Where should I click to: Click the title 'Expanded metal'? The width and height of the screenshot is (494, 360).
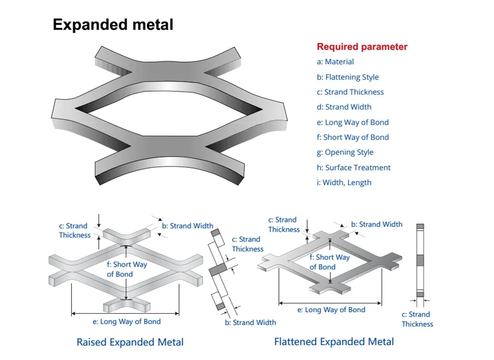113,25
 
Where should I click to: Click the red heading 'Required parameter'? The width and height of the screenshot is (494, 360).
362,47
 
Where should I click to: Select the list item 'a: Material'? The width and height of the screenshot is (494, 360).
335,62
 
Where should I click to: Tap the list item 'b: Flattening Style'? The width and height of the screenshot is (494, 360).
347,77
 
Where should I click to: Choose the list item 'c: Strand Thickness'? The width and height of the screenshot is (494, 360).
350,92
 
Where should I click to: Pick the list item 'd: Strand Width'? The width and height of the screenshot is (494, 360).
344,107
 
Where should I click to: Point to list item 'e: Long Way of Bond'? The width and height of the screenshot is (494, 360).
352,122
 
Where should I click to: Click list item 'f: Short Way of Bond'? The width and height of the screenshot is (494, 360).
352,137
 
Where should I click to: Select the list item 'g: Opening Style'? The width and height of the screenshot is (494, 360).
345,152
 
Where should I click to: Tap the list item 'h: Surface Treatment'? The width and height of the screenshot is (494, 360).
354,168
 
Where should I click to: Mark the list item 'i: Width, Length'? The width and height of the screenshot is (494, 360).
344,183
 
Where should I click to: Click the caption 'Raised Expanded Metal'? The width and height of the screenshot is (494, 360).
130,342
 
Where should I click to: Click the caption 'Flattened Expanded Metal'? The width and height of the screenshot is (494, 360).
334,341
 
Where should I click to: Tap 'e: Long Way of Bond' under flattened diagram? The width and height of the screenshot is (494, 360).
328,310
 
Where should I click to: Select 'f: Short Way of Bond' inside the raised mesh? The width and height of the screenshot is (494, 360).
119,269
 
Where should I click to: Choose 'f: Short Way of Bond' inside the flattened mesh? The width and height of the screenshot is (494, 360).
329,262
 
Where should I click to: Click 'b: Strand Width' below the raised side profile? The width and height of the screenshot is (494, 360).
250,322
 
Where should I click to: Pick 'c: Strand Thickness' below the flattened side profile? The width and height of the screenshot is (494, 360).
417,319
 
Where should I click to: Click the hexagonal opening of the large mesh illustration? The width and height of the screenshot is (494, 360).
170,110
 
